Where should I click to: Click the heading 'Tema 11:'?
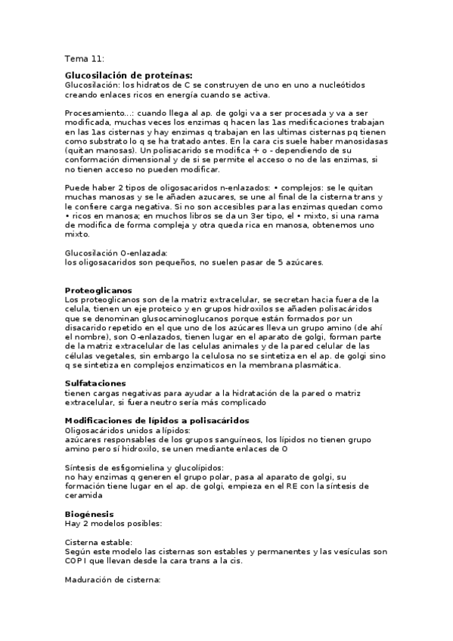[x=85, y=59]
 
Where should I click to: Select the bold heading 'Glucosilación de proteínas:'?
[x=129, y=76]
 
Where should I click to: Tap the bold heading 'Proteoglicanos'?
[x=98, y=290]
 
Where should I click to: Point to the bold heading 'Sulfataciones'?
[x=95, y=383]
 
